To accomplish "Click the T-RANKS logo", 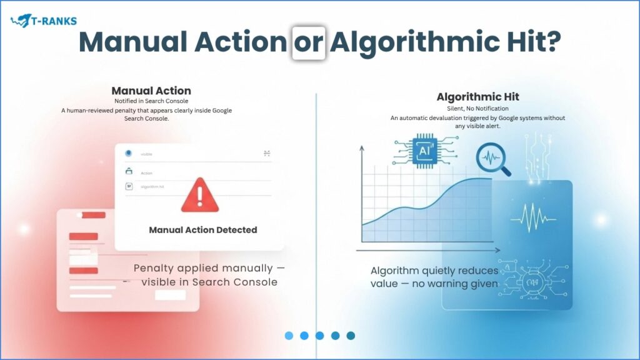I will pyautogui.click(x=44, y=21).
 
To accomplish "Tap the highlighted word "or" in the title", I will pyautogui.click(x=308, y=42).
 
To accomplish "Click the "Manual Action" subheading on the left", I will pyautogui.click(x=151, y=91).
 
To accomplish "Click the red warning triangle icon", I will pyautogui.click(x=200, y=195).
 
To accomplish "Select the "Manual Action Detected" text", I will pyautogui.click(x=202, y=230).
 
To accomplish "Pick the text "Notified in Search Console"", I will pyautogui.click(x=151, y=101).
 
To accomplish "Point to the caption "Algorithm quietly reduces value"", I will pyautogui.click(x=434, y=277).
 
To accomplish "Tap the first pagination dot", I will pyautogui.click(x=289, y=336).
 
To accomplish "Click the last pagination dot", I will pyautogui.click(x=351, y=336).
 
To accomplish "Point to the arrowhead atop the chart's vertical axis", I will pyautogui.click(x=362, y=149).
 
